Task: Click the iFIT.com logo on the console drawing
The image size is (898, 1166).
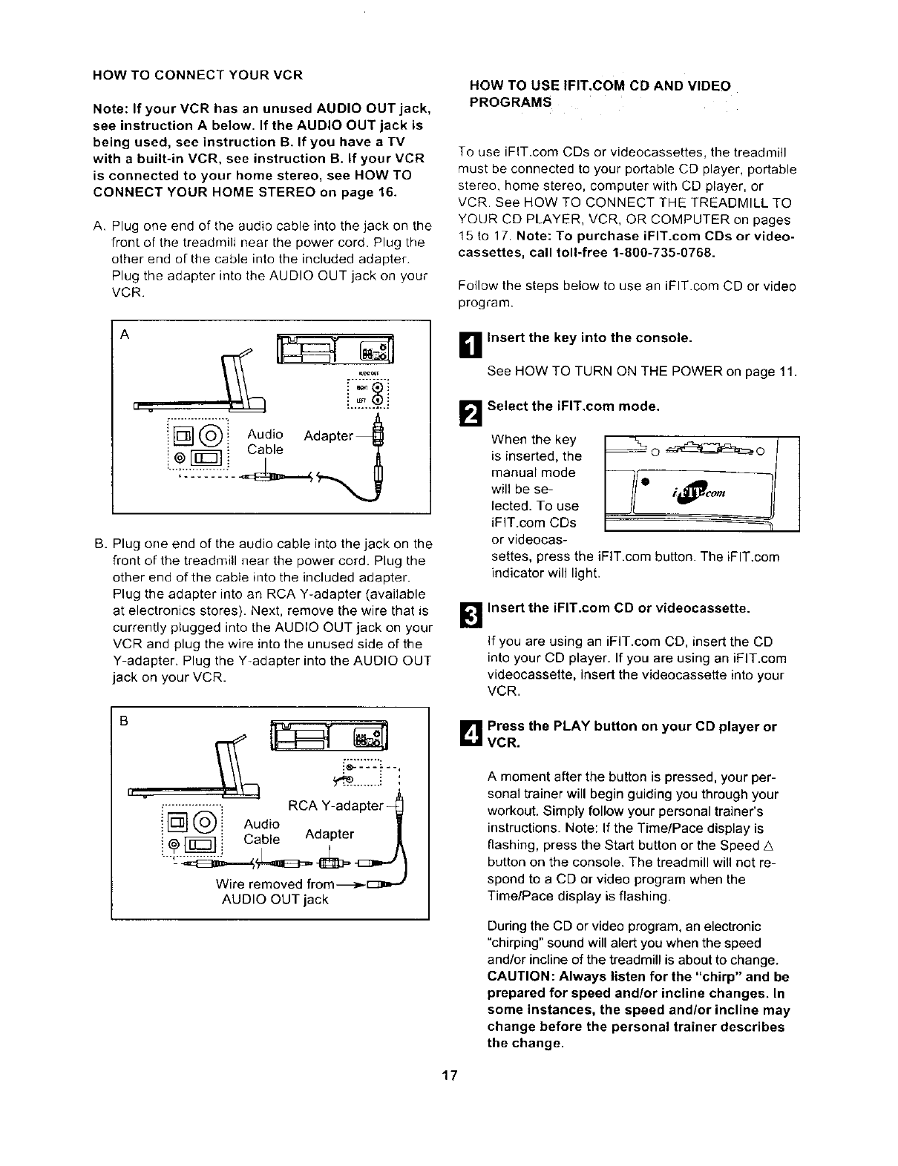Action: (701, 493)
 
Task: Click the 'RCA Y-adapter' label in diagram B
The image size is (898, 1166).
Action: (334, 806)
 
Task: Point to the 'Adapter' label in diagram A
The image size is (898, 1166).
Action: (328, 435)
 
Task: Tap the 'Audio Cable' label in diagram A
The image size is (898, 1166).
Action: (265, 442)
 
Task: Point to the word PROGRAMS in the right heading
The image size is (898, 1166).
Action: (511, 102)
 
